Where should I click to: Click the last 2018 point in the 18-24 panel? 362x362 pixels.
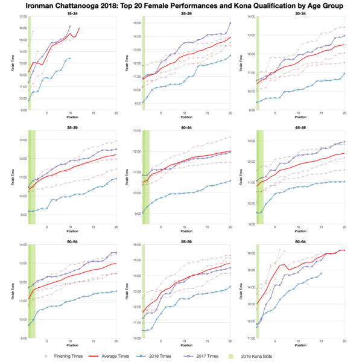70,59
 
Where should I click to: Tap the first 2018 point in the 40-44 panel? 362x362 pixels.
143,212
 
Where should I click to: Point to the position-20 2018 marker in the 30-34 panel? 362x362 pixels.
344,74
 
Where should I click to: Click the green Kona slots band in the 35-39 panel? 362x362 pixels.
31,181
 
